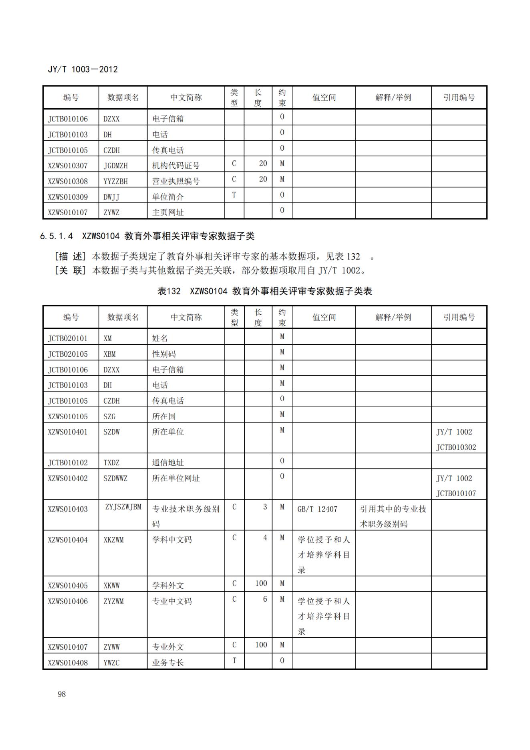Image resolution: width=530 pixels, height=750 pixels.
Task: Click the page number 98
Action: click(62, 694)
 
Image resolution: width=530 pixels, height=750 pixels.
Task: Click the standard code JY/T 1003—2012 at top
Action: click(83, 69)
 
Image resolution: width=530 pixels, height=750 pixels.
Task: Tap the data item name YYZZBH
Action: click(116, 181)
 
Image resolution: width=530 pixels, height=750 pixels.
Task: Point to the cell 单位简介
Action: click(168, 197)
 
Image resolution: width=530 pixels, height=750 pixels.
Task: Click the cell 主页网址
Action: click(168, 212)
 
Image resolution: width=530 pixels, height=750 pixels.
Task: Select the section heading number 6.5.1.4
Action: click(56, 236)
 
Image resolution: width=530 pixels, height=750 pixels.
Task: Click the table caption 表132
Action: click(169, 291)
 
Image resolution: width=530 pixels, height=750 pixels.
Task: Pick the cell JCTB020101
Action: click(68, 338)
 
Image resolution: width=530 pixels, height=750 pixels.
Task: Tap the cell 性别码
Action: click(164, 354)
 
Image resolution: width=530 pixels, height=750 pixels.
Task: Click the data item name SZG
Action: click(109, 416)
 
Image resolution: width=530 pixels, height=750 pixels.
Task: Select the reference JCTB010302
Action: click(456, 447)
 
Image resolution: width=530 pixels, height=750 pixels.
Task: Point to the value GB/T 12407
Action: click(317, 509)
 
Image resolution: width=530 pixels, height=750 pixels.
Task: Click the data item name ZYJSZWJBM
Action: click(123, 507)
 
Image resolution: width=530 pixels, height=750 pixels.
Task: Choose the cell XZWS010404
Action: click(68, 540)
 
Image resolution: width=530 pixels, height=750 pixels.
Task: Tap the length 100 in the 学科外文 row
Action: click(261, 584)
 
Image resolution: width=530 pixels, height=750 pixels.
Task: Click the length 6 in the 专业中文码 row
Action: click(265, 599)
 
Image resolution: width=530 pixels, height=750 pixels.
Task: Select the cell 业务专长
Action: click(168, 663)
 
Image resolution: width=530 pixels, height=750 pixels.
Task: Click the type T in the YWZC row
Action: click(234, 661)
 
